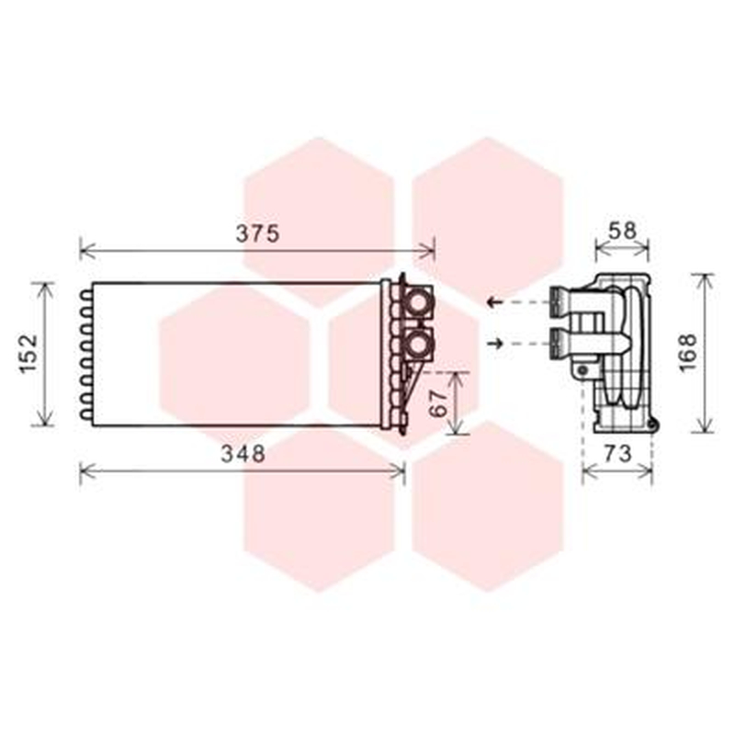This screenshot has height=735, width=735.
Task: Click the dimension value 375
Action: point(257,233)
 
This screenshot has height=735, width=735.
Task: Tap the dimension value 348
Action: point(243,453)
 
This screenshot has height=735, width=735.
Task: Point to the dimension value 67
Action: point(439,403)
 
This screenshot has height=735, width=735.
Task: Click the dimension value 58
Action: point(623,231)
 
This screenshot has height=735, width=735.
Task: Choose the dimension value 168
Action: point(688,353)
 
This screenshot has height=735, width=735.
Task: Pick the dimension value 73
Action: point(617,453)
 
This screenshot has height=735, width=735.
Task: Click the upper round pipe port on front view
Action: point(417,302)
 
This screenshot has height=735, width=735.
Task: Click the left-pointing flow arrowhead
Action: point(491,302)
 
